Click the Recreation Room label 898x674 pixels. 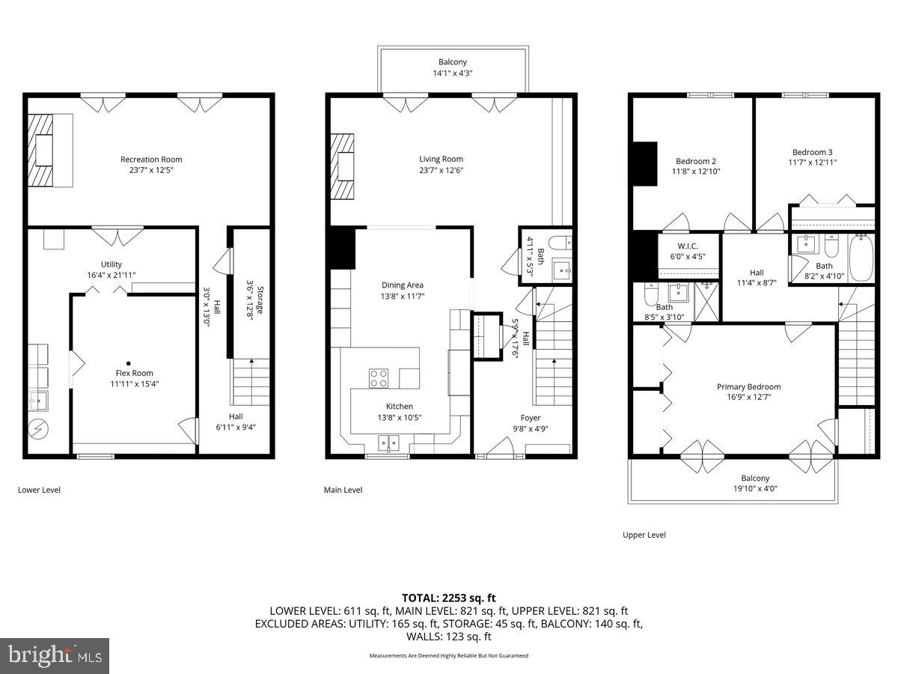pos(151,160)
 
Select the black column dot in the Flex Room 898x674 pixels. pos(128,359)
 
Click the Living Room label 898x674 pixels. pos(441,159)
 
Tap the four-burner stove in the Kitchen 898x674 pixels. pos(379,378)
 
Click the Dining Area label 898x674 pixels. pos(403,285)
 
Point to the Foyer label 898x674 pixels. pos(531,418)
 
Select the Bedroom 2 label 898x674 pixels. pos(696,161)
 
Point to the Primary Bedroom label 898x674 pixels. pos(748,387)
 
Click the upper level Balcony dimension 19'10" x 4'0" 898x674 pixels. pos(755,489)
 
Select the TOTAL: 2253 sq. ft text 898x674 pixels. pos(449,598)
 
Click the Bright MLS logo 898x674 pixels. pos(55,655)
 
